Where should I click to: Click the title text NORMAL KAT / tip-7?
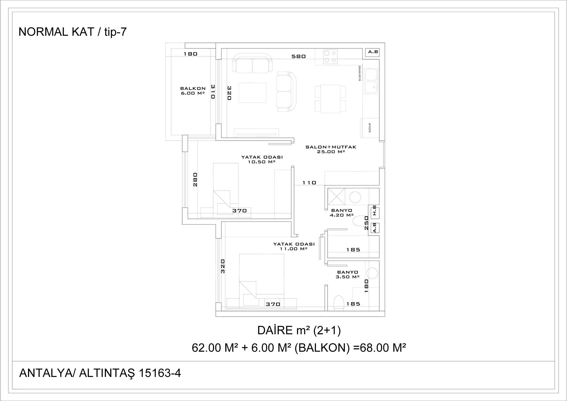[x=73, y=32]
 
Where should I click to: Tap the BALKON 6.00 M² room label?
[x=193, y=91]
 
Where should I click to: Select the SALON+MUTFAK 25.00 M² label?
[x=331, y=149]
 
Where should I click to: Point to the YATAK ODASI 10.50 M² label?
[x=262, y=159]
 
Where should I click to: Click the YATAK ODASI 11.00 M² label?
[x=294, y=246]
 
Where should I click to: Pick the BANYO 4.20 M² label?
[x=342, y=213]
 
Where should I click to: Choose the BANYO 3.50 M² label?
[x=348, y=274]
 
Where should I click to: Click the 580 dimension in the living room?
[x=299, y=57]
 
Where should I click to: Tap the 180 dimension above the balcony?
[x=191, y=54]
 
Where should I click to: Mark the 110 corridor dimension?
[x=309, y=183]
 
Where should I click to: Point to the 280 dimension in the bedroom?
[x=195, y=179]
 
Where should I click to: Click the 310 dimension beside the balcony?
[x=213, y=91]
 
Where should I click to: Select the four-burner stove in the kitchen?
[x=330, y=56]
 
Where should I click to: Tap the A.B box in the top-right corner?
[x=373, y=52]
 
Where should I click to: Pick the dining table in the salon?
[x=330, y=98]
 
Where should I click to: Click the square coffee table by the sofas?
[x=252, y=93]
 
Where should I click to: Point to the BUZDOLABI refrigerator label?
[x=369, y=128]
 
